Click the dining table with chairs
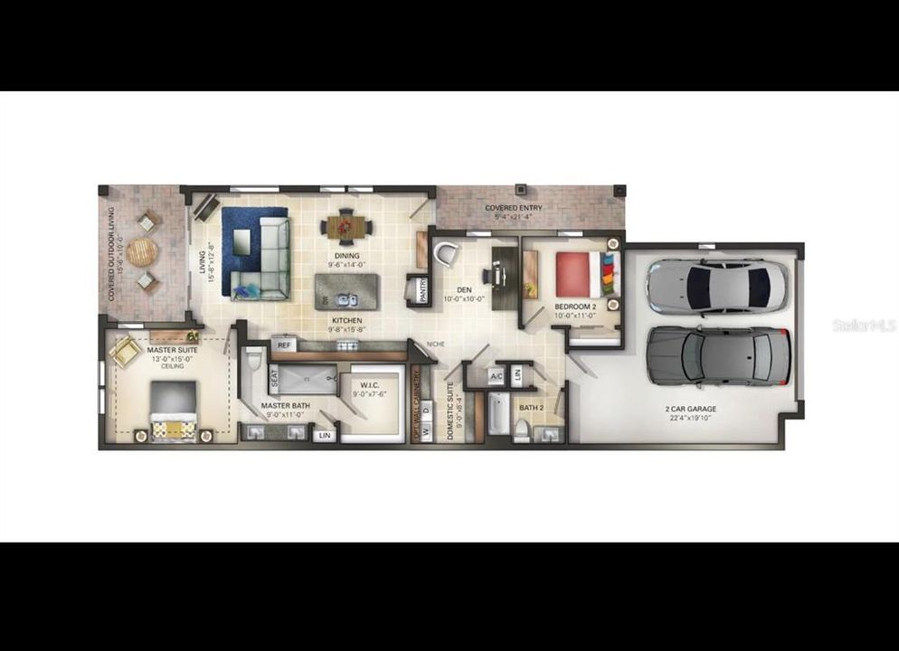tap(345, 225)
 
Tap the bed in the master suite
tap(173, 409)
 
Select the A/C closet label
tap(497, 376)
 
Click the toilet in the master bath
tap(253, 372)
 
